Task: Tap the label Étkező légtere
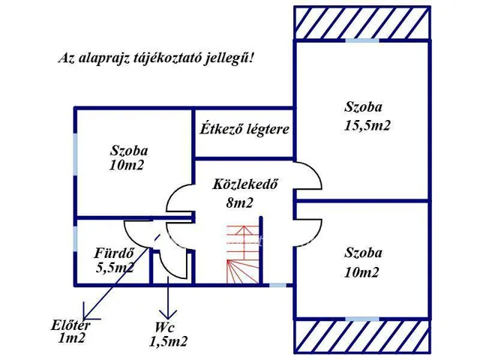244,129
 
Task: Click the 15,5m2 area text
367,125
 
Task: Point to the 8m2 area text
240,202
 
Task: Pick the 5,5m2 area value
115,266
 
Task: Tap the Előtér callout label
69,325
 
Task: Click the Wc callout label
167,327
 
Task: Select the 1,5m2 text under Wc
168,341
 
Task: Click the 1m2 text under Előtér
71,338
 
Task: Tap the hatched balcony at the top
362,22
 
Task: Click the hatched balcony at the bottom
362,334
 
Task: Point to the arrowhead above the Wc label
168,313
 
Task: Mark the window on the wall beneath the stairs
277,284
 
